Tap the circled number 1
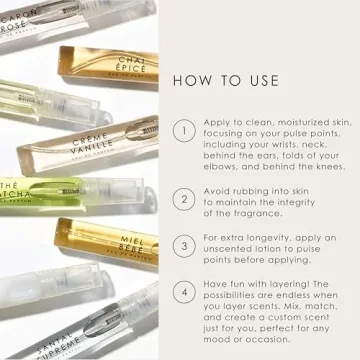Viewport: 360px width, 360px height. [184, 131]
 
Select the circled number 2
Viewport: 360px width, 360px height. [184, 199]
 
